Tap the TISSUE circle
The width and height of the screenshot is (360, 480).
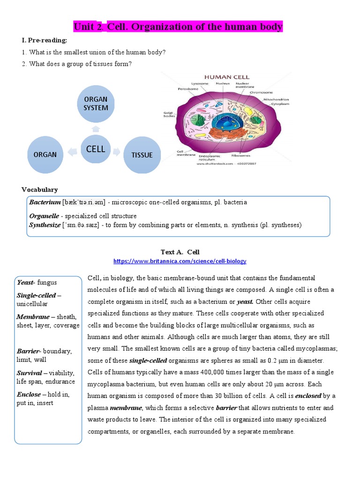point(142,154)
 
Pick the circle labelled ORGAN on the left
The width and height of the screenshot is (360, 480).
point(45,154)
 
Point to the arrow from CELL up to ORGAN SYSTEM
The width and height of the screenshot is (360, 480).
point(96,128)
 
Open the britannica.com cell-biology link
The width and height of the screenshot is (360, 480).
point(180,261)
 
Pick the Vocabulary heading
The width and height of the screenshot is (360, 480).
point(39,189)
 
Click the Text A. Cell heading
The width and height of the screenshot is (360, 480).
point(180,252)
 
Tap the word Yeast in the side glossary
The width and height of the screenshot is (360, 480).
point(25,283)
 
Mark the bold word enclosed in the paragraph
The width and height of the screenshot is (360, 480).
point(308,396)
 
